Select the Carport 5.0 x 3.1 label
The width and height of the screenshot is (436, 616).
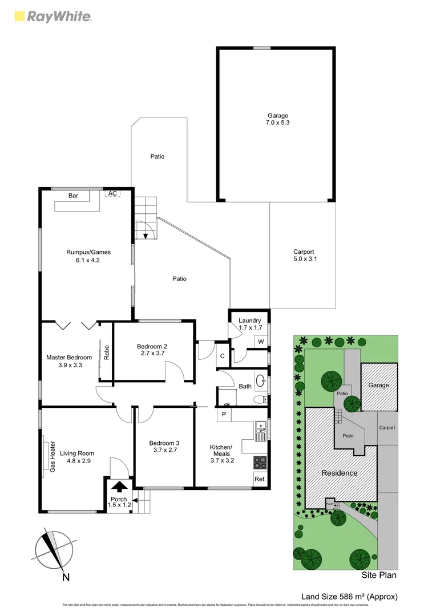tap(304, 256)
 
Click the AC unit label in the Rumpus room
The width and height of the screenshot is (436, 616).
tap(112, 193)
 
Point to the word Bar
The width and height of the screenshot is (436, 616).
tap(73, 196)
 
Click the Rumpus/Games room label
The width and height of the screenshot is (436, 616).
tap(88, 256)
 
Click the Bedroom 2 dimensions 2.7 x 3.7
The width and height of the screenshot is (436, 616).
tap(152, 354)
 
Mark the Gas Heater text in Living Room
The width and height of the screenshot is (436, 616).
tap(52, 456)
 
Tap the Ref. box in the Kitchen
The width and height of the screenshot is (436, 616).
tap(260, 479)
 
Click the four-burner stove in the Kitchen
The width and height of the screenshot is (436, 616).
tap(260, 461)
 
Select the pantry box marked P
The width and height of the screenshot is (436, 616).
tap(224, 414)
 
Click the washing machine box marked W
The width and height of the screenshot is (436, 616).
tap(261, 342)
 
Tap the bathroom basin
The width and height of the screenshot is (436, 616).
tap(261, 379)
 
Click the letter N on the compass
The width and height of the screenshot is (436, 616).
tap(66, 577)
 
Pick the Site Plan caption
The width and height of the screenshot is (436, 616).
tap(379, 575)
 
